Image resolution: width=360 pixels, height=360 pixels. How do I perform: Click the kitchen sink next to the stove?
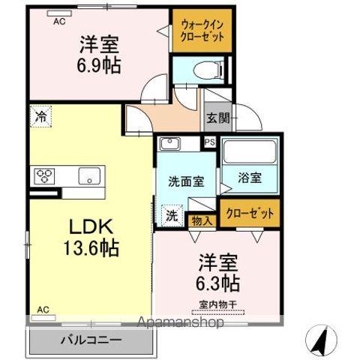click(88, 178)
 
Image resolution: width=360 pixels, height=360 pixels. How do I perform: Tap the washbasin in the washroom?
click(170, 144)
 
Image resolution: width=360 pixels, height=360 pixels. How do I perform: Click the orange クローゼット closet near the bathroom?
click(247, 213)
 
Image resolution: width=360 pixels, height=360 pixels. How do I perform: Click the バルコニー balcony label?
click(91, 340)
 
